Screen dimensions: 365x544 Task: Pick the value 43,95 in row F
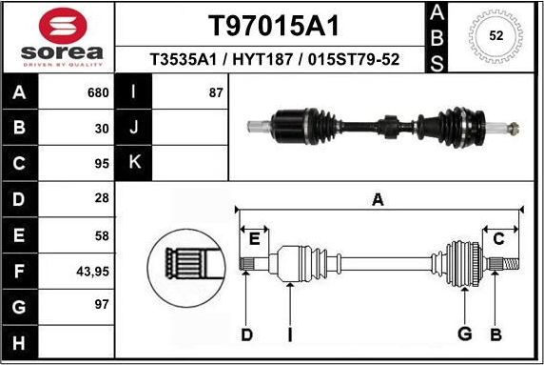click(x=92, y=271)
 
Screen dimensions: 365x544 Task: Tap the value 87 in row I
click(x=216, y=92)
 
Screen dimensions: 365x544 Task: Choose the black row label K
click(x=134, y=163)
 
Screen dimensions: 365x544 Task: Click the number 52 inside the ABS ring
click(x=495, y=35)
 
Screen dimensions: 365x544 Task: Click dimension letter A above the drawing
click(x=378, y=199)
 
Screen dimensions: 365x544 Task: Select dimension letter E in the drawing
click(x=254, y=239)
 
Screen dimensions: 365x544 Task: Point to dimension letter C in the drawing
click(x=498, y=239)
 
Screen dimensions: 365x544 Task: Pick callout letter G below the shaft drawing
click(x=464, y=334)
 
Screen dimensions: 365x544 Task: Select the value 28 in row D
click(x=101, y=199)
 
